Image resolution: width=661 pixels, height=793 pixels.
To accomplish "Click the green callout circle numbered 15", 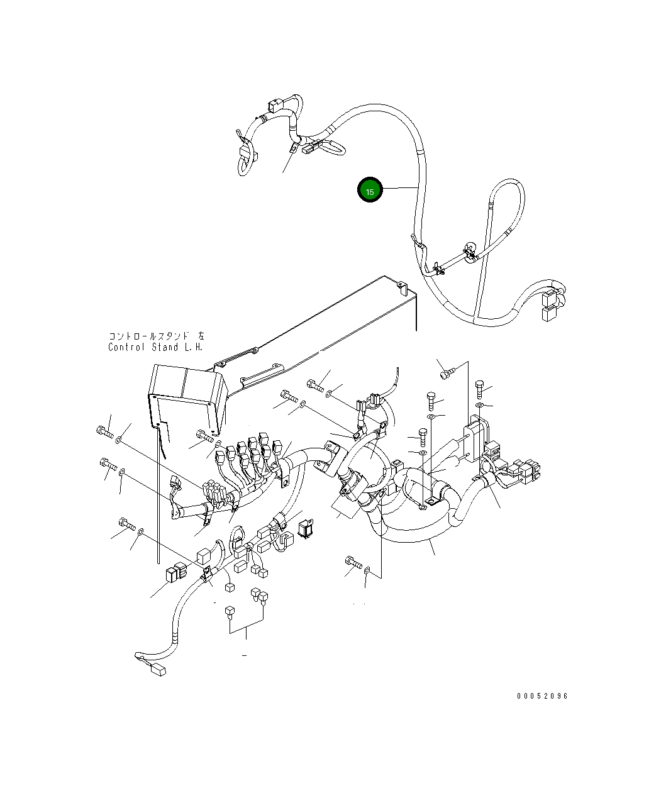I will click(370, 189).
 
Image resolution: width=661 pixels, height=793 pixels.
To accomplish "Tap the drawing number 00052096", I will click(542, 696).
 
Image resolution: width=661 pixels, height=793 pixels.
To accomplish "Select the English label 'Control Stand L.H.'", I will click(155, 347).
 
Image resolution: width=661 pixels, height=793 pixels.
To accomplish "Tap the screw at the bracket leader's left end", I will click(446, 374).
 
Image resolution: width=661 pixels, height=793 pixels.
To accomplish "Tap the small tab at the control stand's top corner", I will click(402, 287).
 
